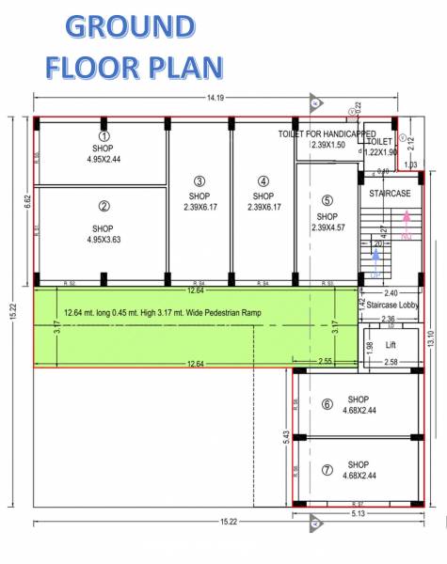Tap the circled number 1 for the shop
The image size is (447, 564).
coord(104,135)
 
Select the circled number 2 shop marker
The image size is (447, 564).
coord(104,206)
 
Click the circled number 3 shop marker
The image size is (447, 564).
coord(200,181)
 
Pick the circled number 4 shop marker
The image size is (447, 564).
coord(263,181)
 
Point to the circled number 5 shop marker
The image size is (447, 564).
coord(327,200)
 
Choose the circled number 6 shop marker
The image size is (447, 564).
coord(327,404)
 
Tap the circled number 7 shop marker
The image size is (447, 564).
coord(327,470)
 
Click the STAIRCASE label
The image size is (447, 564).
coord(390,193)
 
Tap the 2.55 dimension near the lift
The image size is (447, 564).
coord(324,360)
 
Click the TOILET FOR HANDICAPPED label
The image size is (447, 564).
coord(327,134)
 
